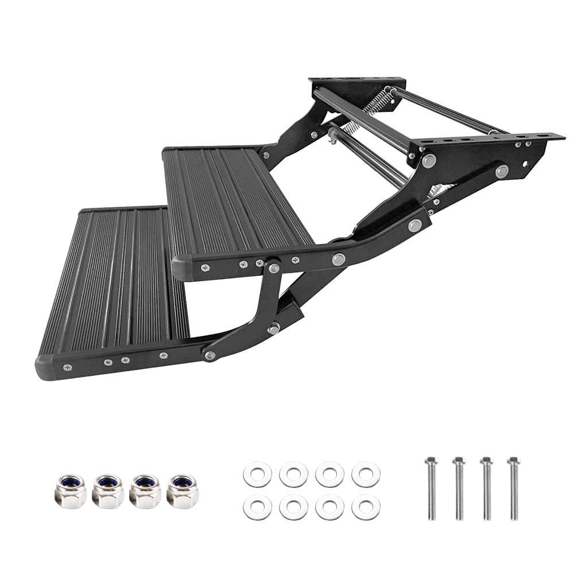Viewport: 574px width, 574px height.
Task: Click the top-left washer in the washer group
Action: (x=257, y=475)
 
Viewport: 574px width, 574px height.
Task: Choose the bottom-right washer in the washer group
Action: (x=366, y=507)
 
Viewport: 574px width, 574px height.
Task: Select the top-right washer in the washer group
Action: (x=366, y=475)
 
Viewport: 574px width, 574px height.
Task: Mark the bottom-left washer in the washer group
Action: (x=257, y=507)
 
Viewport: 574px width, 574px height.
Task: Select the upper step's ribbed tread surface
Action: (x=235, y=201)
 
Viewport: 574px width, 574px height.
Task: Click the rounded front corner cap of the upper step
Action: (x=181, y=268)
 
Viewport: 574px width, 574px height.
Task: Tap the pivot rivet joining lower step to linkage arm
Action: (x=211, y=355)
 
